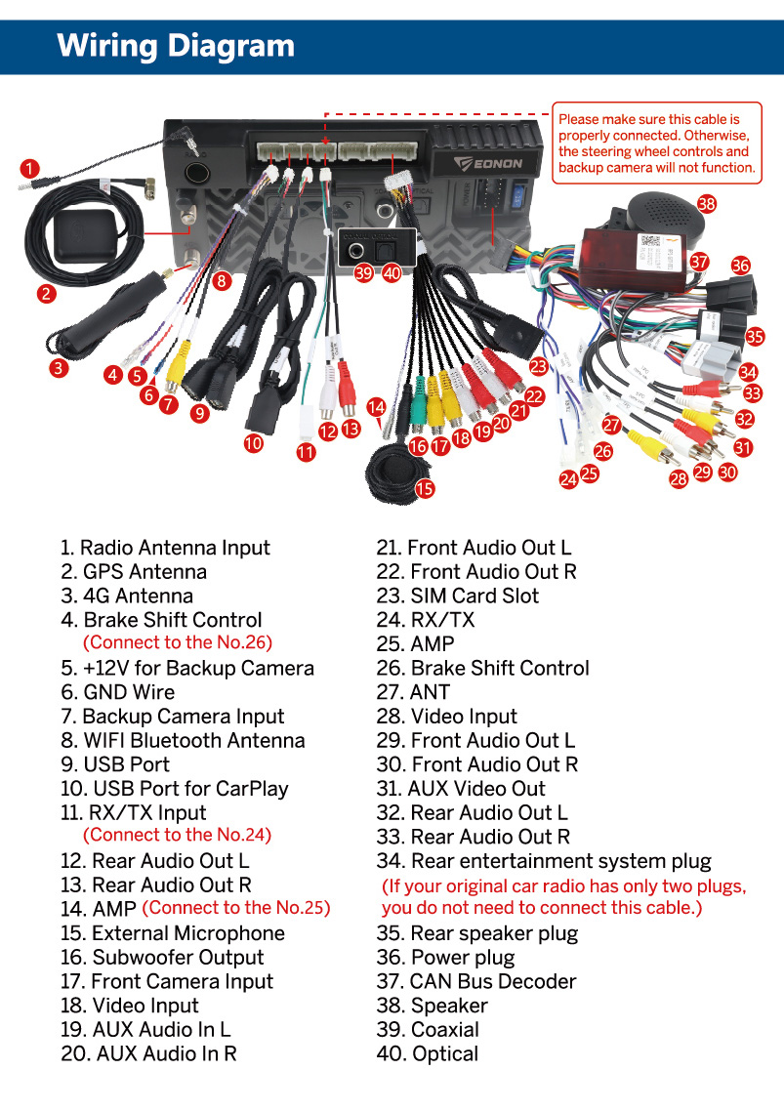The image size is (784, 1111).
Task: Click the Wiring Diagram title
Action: (176, 46)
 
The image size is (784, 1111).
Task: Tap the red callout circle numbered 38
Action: (707, 204)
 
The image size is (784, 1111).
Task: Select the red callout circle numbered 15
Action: (425, 488)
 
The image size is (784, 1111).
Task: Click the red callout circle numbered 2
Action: (46, 292)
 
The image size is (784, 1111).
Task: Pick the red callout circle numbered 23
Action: (538, 366)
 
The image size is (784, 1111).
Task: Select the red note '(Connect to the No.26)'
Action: (177, 642)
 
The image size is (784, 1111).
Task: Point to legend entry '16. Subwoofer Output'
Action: (162, 958)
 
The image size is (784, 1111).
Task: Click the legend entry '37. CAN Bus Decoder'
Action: (476, 981)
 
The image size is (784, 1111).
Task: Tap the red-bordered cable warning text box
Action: (656, 143)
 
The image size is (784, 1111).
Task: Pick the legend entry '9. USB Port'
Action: (115, 764)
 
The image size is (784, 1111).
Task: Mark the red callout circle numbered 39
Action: (364, 273)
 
